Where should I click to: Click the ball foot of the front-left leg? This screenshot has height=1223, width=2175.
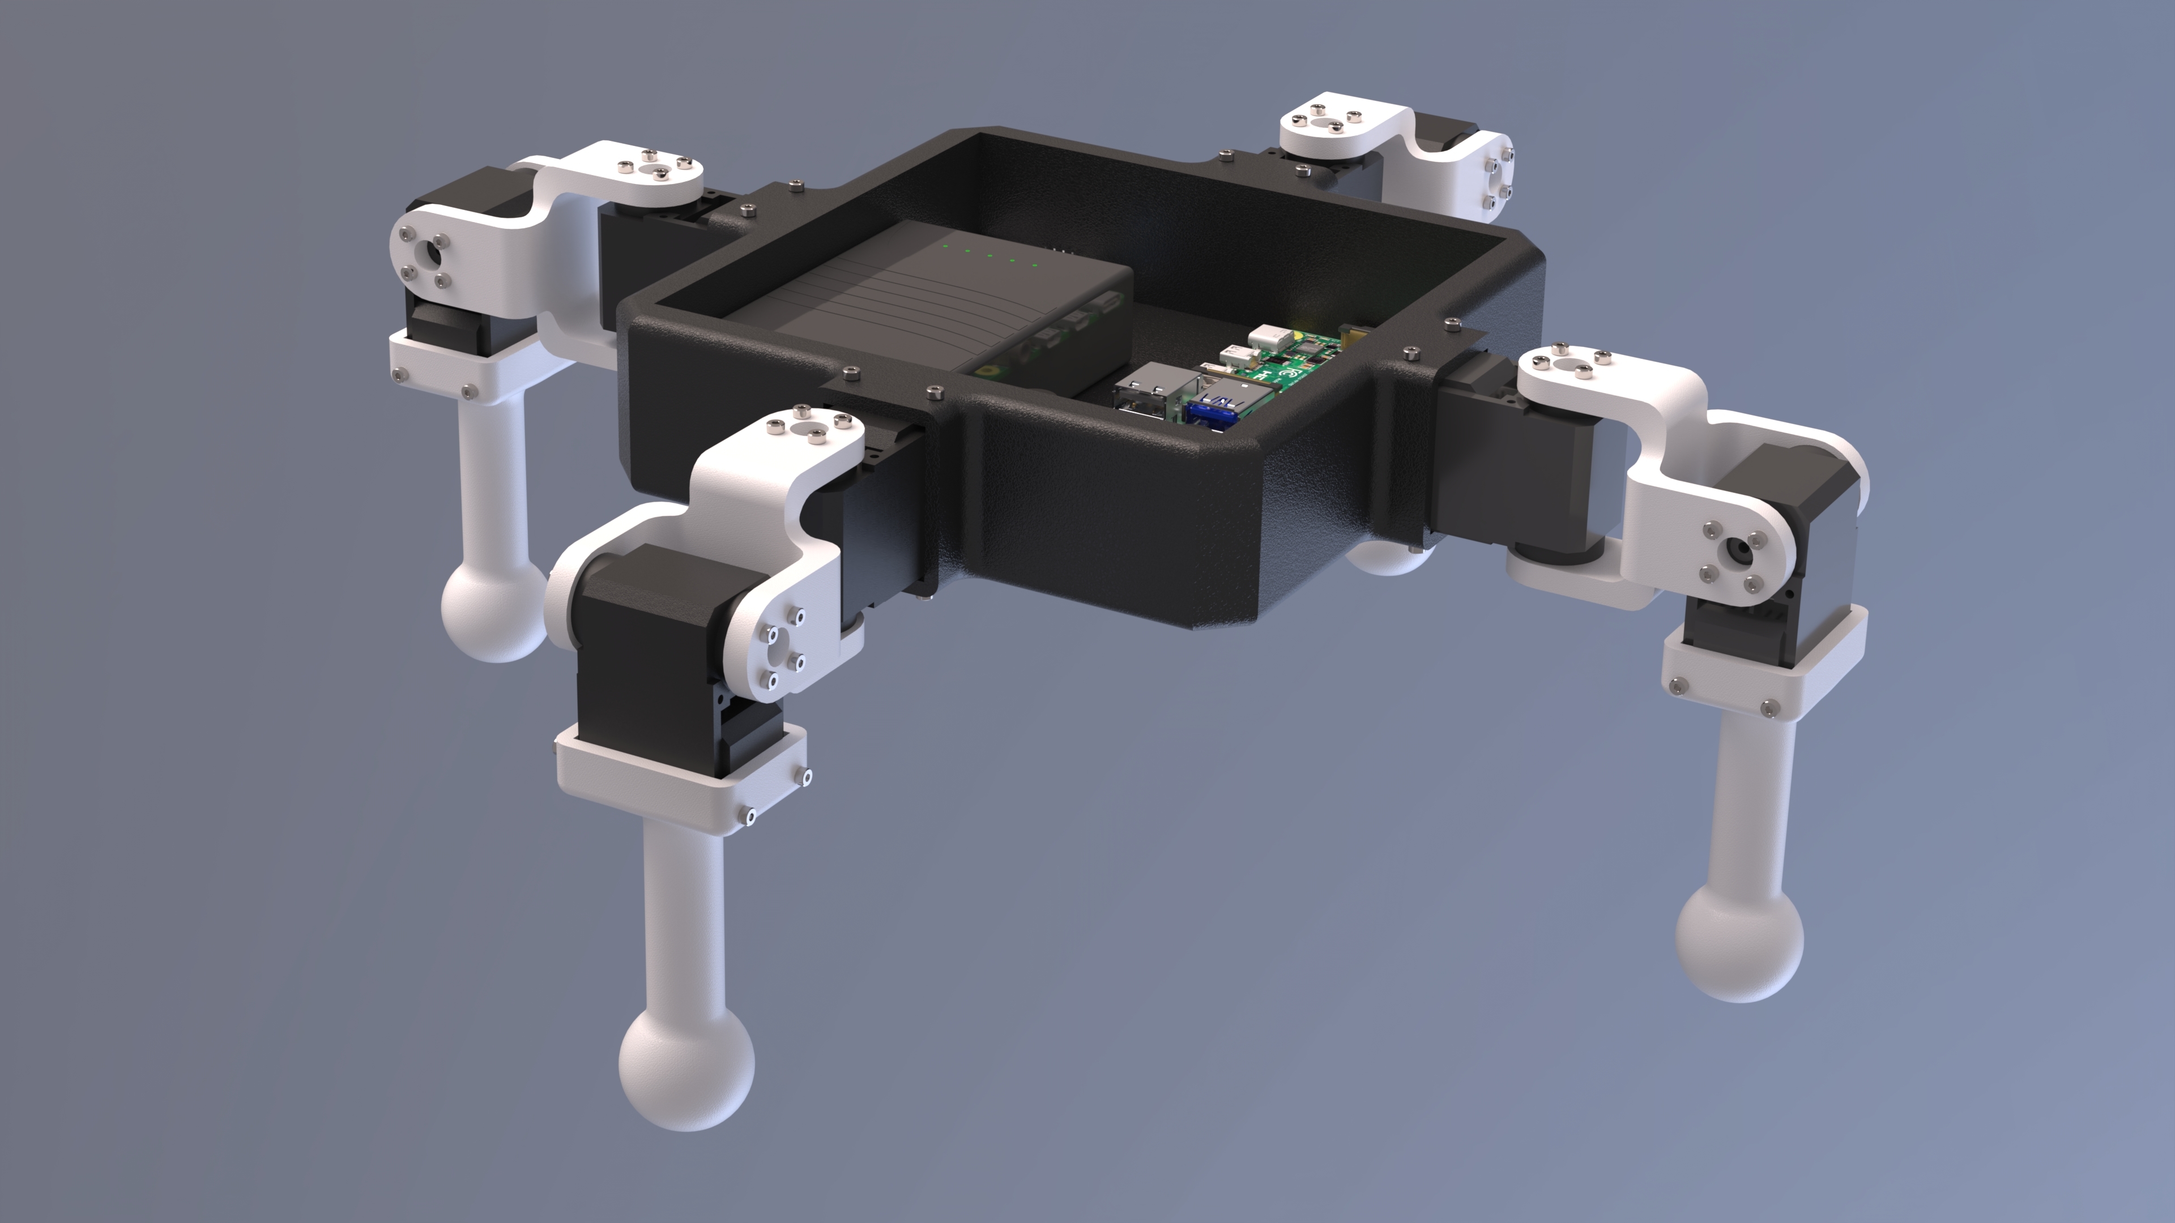pyautogui.click(x=685, y=1068)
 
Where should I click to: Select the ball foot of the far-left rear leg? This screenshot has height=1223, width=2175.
pyautogui.click(x=492, y=609)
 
